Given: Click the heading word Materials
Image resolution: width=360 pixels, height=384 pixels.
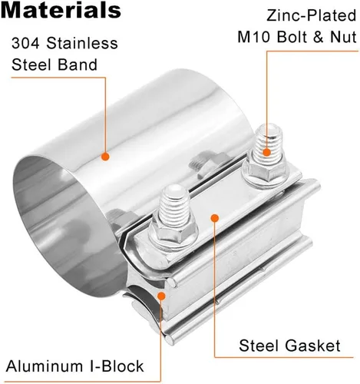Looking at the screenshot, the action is (x=61, y=10).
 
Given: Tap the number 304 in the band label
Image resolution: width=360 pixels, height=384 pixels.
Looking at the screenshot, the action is (x=25, y=43).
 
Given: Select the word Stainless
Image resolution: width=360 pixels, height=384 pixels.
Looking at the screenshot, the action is (x=82, y=43).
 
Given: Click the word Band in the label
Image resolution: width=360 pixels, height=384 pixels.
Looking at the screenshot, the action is (x=78, y=65).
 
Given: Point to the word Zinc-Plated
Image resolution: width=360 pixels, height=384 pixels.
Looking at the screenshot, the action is (x=312, y=15).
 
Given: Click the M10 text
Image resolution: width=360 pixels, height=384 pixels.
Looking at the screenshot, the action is (x=254, y=37).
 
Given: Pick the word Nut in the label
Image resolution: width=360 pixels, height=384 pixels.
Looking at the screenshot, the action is (x=343, y=37).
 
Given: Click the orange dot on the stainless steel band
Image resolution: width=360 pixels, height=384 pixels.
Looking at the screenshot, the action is (x=105, y=157).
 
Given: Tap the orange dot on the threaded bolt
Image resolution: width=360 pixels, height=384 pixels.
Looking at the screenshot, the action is (x=266, y=152).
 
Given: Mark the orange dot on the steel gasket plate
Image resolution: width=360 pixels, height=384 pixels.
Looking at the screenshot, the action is (x=215, y=218).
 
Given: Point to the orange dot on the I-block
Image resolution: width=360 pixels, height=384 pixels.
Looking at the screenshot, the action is (x=161, y=296).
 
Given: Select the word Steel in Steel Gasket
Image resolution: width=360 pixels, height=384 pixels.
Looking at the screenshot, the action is (x=259, y=346).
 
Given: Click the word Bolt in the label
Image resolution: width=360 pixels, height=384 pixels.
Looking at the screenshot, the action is (x=291, y=37).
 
